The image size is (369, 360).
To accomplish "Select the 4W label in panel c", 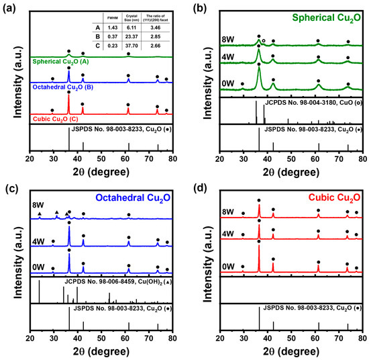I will (40, 236).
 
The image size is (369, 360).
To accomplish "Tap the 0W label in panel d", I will (229, 266).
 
